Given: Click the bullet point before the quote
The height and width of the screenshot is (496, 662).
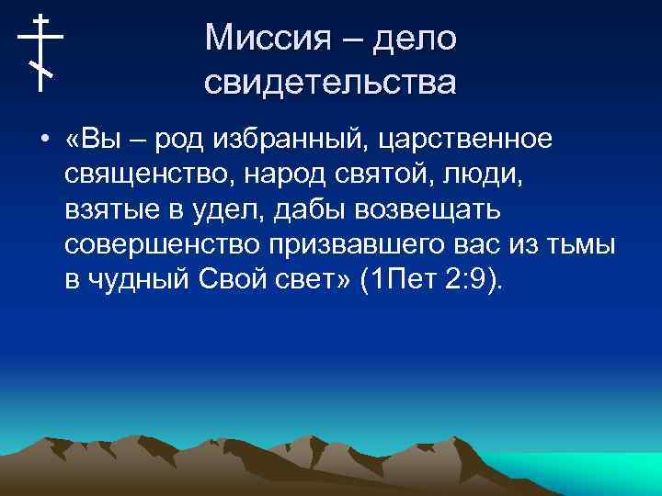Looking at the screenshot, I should [44, 140].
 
